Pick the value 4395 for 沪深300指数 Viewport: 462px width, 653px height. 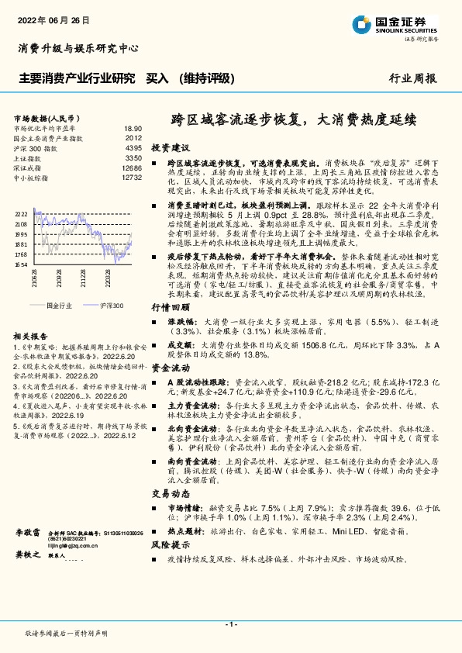point(133,147)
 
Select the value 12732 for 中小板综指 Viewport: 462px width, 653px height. point(132,178)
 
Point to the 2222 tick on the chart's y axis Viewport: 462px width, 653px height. point(21,213)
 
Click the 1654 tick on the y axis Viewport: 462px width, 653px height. point(21,264)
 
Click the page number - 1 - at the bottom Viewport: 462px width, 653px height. point(230,624)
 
